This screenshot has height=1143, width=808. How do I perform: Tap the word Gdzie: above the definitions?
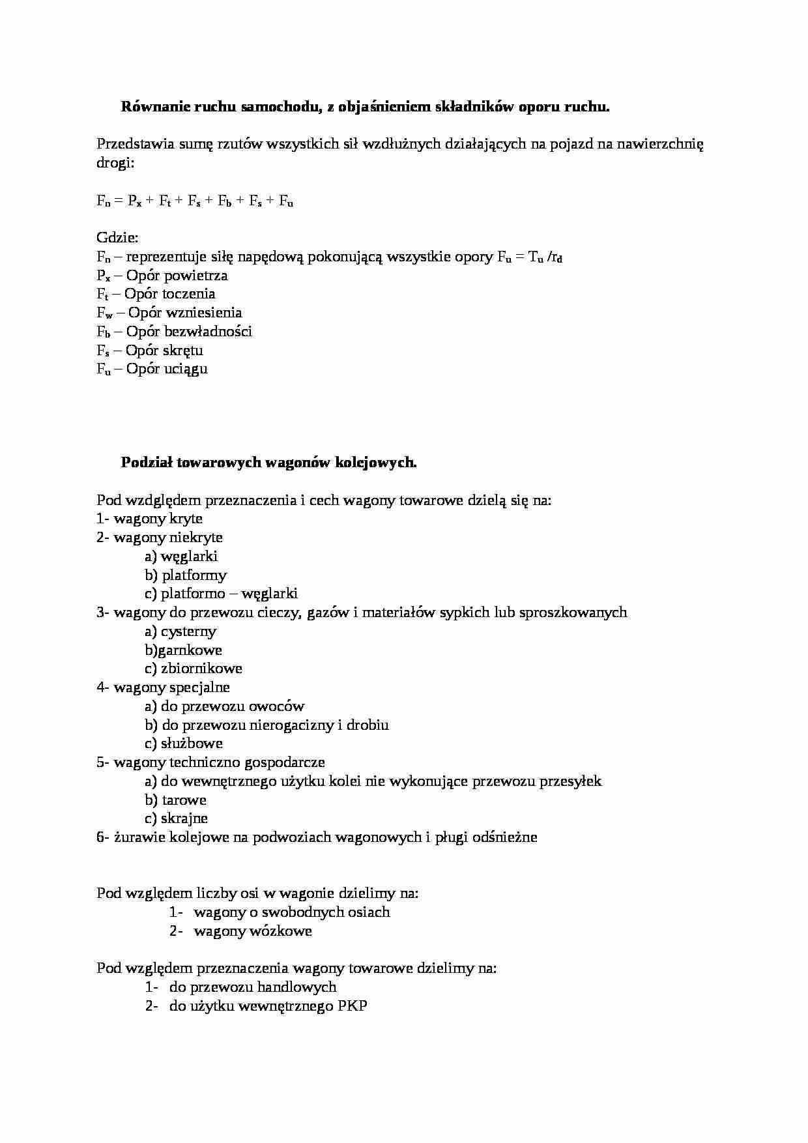(117, 238)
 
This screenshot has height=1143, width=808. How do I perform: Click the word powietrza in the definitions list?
(195, 276)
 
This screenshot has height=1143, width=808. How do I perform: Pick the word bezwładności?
(207, 332)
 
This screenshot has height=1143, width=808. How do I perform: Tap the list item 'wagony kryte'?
(158, 519)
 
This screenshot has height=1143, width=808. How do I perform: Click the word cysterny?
(188, 631)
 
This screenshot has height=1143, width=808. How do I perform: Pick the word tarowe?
(184, 800)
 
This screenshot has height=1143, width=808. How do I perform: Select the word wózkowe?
(281, 931)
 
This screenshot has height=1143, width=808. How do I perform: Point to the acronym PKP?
(353, 1006)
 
